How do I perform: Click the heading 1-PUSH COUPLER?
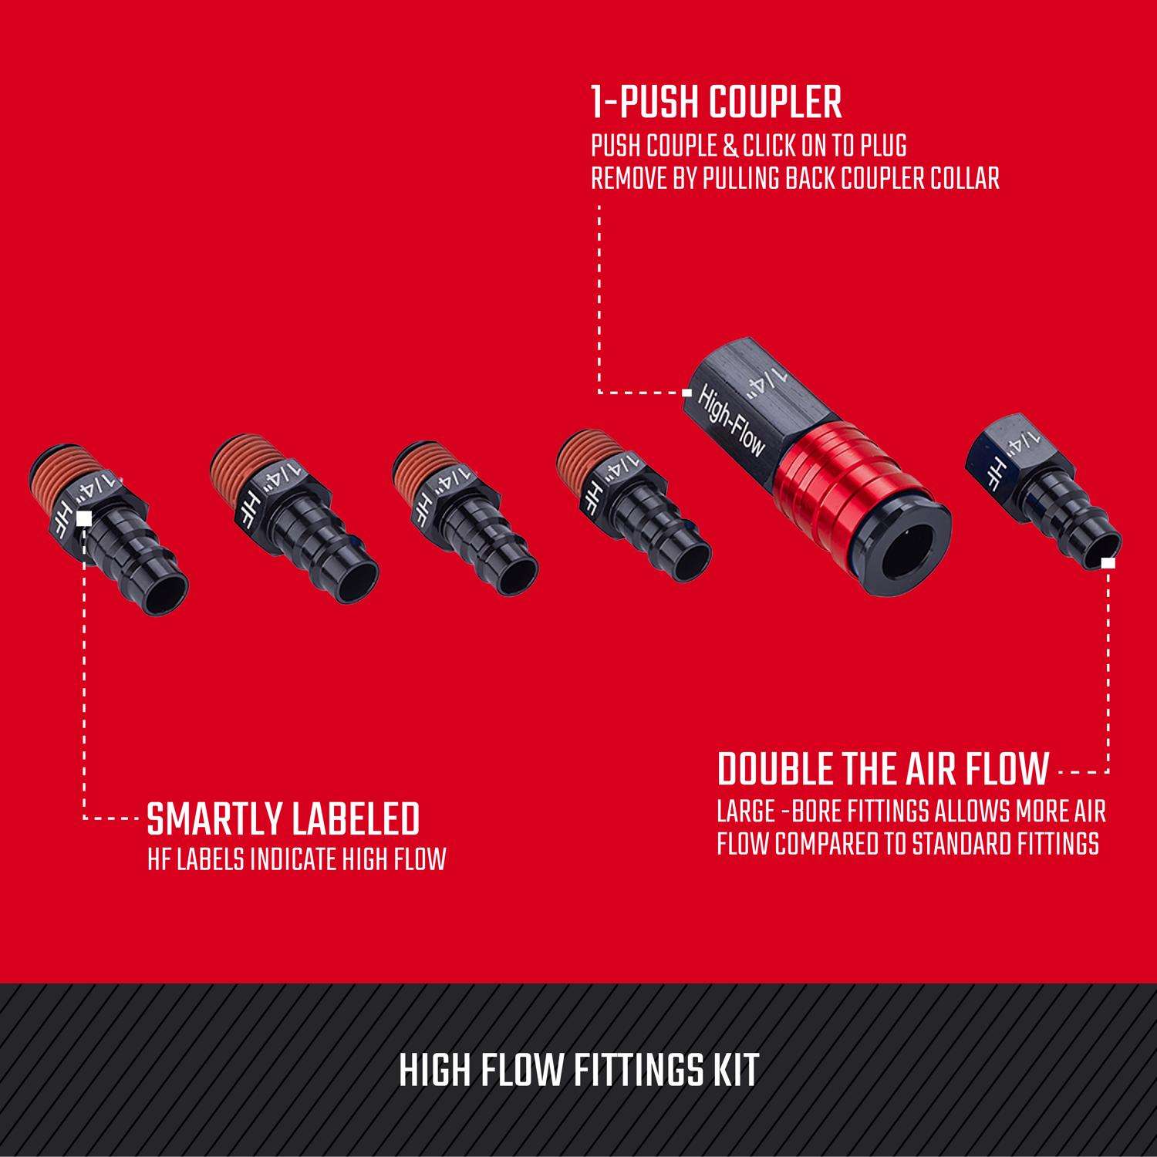click(716, 103)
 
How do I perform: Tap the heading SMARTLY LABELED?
click(283, 819)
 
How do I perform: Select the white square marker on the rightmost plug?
click(1108, 563)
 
